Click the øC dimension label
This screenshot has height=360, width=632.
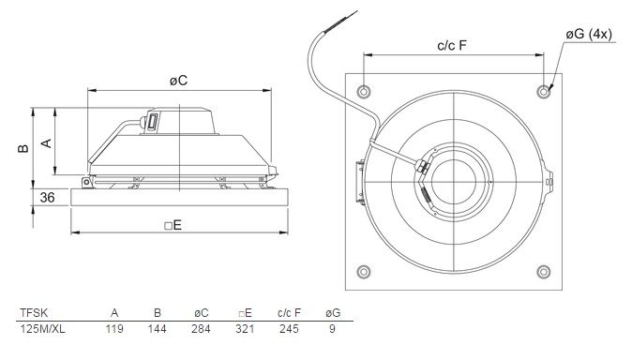[x=178, y=81]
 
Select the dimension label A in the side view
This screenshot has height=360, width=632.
[x=47, y=142]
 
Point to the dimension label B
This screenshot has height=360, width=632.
[x=23, y=148]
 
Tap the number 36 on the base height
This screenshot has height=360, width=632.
[x=47, y=198]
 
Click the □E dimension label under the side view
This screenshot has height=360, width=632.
[x=173, y=225]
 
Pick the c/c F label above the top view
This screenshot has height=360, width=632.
[x=451, y=46]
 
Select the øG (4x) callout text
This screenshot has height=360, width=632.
[x=589, y=34]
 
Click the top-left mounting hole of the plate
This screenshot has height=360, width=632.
[x=364, y=92]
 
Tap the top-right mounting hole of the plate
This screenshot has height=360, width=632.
[x=544, y=92]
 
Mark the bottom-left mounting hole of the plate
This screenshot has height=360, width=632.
[x=364, y=271]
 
